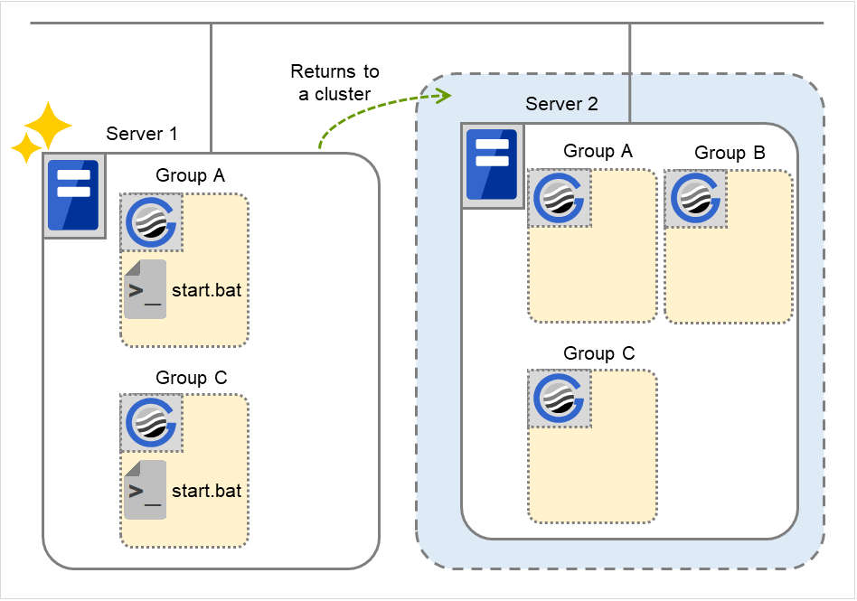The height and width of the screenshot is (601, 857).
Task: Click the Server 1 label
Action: tap(141, 134)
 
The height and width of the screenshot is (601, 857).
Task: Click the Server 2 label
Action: tap(561, 104)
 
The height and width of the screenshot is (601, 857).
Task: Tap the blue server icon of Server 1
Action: tap(73, 195)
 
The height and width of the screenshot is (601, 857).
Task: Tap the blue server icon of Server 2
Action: tap(491, 164)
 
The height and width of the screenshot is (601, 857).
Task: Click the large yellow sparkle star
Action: tap(47, 124)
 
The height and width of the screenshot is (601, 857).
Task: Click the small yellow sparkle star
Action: tap(26, 146)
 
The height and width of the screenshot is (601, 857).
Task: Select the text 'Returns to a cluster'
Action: tap(334, 82)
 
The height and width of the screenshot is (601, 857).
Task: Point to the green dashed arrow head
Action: tap(443, 94)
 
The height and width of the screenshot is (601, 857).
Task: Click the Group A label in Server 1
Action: tap(190, 174)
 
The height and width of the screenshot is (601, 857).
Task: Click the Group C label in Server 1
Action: tap(190, 377)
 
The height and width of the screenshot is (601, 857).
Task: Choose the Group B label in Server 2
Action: tap(730, 153)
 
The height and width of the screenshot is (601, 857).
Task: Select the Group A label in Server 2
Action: tap(598, 150)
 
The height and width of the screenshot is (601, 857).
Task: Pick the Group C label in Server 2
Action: tap(598, 352)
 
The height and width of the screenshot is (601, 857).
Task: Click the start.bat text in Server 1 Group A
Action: tap(206, 290)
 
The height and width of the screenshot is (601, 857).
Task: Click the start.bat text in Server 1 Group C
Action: tap(206, 491)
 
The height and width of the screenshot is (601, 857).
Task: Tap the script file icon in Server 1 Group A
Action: tap(145, 289)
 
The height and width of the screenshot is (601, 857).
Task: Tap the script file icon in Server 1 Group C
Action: tap(145, 490)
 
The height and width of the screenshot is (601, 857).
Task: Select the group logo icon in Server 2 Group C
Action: tap(560, 399)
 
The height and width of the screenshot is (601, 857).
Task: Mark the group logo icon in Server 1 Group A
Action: tap(152, 221)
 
